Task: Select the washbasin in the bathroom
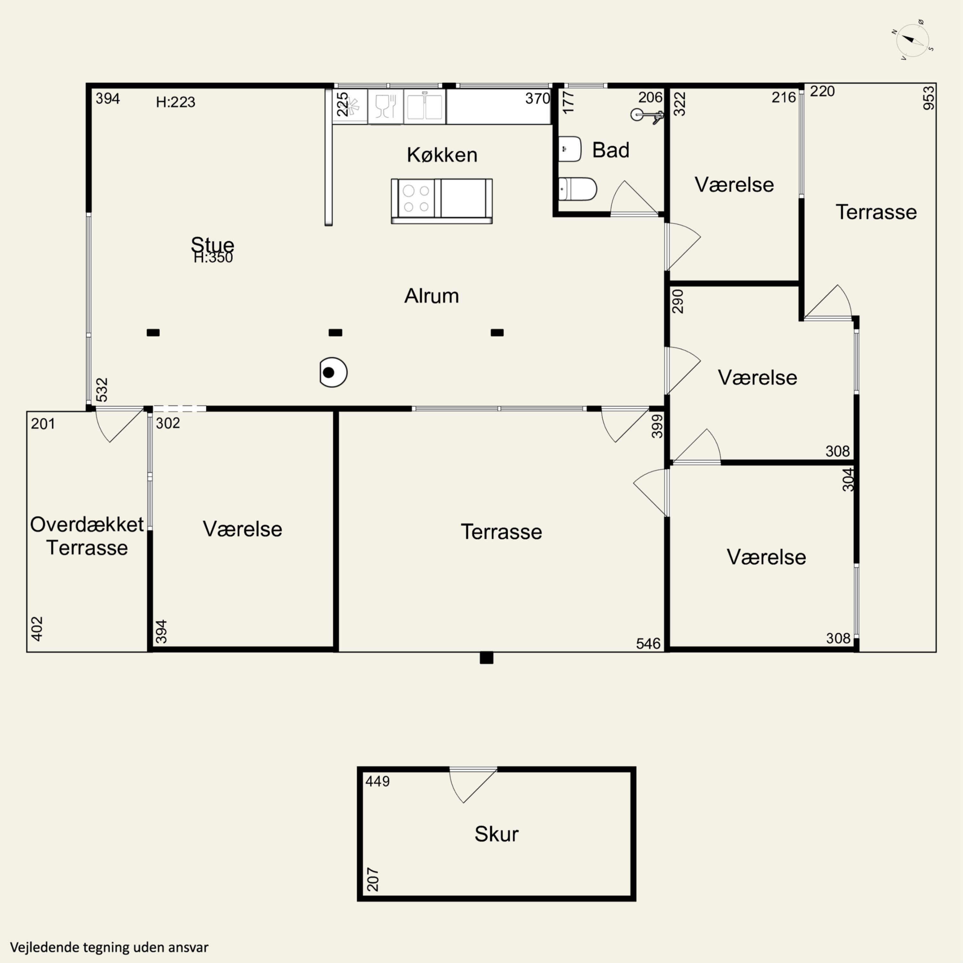[x=570, y=149]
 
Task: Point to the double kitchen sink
[x=425, y=107]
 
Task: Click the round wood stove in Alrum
[x=333, y=372]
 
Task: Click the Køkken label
[x=442, y=155]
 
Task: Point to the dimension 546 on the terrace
[x=648, y=644]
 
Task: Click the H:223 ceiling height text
[x=176, y=102]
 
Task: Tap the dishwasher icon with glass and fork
[x=385, y=107]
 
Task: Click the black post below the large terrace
[x=487, y=658]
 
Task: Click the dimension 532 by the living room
[x=102, y=390]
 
